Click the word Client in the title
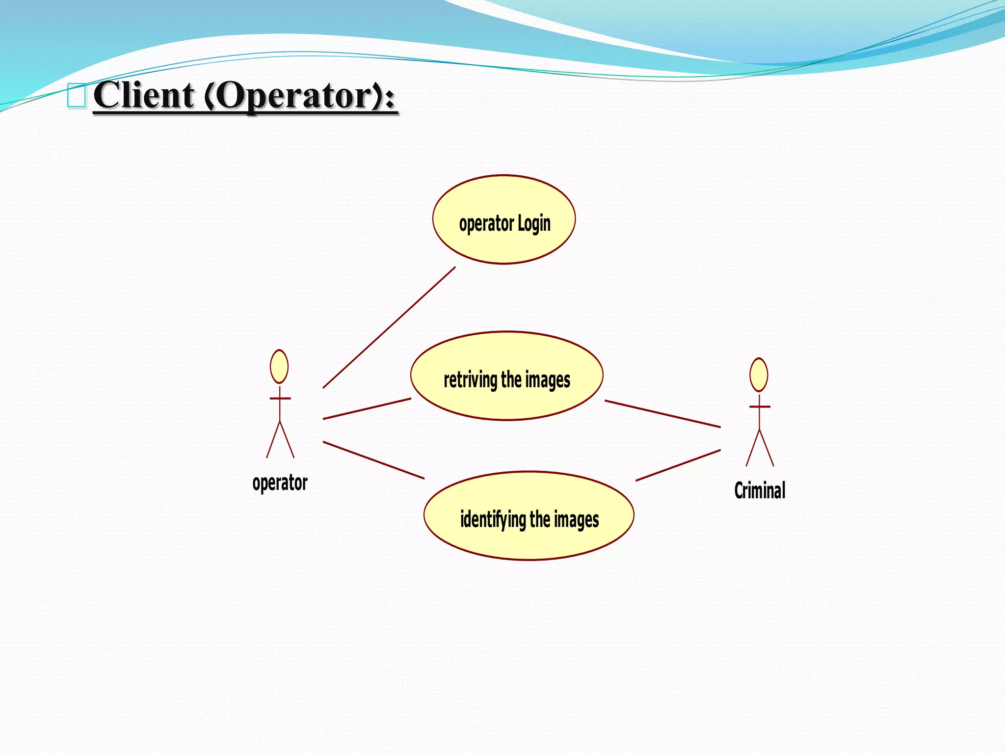coord(143,95)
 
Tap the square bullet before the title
coord(77,95)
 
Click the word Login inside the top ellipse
coord(534,224)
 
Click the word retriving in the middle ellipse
coord(470,380)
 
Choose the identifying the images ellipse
coord(529,540)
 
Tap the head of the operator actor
coord(279,367)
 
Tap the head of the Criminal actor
coord(759,375)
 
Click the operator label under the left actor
coord(280,483)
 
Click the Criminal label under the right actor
coord(760,491)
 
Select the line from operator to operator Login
coord(389,327)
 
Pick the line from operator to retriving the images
coord(367,408)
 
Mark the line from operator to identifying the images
coord(373,460)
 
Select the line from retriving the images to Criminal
coord(662,414)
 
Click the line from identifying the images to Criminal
coord(678,465)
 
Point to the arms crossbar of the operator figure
coord(280,398)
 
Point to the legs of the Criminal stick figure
coord(760,449)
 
